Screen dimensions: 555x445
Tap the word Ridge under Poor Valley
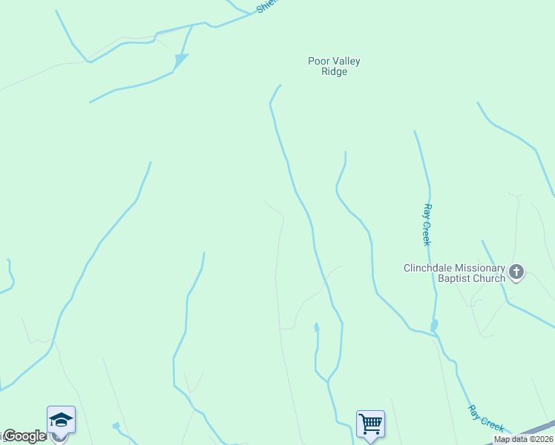click(334, 72)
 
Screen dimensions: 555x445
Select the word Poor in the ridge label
click(318, 62)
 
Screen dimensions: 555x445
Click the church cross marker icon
click(517, 273)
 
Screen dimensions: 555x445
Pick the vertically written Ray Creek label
click(427, 225)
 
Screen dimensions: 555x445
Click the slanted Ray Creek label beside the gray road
click(487, 418)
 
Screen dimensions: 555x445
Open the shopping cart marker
click(370, 424)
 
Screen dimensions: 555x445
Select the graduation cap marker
click(60, 421)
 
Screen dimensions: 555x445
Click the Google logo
click(24, 436)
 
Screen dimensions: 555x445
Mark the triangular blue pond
click(180, 60)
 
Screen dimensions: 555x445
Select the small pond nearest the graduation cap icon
click(116, 426)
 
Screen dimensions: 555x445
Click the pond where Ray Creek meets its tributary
click(434, 326)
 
